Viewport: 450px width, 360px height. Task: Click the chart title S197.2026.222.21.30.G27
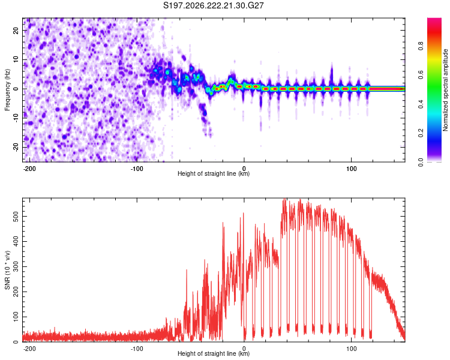point(213,5)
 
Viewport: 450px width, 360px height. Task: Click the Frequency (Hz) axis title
point(7,90)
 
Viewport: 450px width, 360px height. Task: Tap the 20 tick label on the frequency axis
point(16,31)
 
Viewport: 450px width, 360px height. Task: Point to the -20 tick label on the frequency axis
point(16,148)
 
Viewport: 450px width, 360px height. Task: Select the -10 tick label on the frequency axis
point(16,118)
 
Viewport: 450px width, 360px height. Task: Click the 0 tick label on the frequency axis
point(16,89)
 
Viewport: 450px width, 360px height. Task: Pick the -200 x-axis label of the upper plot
point(29,169)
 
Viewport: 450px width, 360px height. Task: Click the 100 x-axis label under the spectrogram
point(351,169)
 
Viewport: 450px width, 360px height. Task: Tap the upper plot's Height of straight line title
point(214,173)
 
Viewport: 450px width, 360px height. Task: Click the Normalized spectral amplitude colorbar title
point(445,90)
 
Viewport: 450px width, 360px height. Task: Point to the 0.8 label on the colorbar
point(421,46)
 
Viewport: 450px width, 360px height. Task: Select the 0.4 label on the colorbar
point(421,104)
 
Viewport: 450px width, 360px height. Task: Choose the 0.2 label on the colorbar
point(421,133)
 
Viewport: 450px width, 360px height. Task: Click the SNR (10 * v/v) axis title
point(7,270)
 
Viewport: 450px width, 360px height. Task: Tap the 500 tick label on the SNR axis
point(16,216)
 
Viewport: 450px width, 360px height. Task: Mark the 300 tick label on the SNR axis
point(16,266)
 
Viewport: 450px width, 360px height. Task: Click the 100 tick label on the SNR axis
point(16,317)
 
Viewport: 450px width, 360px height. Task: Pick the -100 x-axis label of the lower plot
point(137,349)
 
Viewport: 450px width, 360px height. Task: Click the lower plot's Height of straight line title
point(214,353)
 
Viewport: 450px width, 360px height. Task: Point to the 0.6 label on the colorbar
point(421,75)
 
